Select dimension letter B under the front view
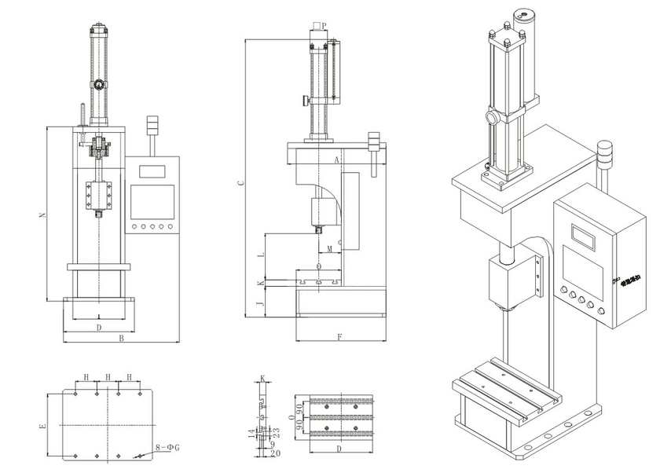(121, 339)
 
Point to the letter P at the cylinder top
(324, 26)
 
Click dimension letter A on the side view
(336, 159)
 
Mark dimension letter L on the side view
(261, 256)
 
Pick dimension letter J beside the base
(261, 302)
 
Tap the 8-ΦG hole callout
(167, 447)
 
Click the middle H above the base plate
(107, 378)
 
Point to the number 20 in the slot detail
(276, 453)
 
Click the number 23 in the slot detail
(276, 431)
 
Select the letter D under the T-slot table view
(339, 449)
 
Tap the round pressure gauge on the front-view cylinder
(99, 84)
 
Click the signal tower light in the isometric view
(604, 156)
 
